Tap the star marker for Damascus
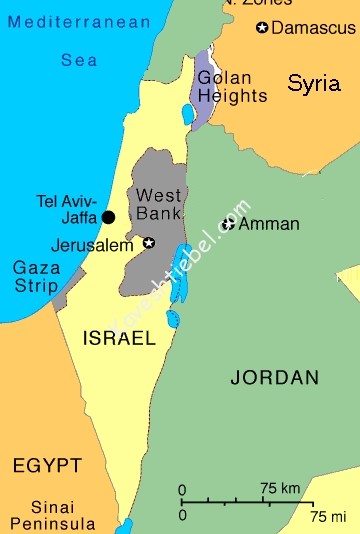tap(262, 27)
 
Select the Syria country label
tap(313, 84)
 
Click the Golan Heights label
tap(232, 87)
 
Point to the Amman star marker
tap(229, 224)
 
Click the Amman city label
tap(269, 224)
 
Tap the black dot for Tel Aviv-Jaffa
tap(108, 216)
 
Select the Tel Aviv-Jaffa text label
tap(67, 207)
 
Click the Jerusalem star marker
tap(149, 242)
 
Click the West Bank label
tap(158, 204)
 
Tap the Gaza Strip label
tap(35, 277)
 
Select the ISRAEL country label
tap(119, 338)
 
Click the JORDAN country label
tap(274, 377)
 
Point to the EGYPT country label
tap(46, 465)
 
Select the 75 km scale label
tap(282, 489)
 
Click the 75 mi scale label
tap(327, 516)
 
